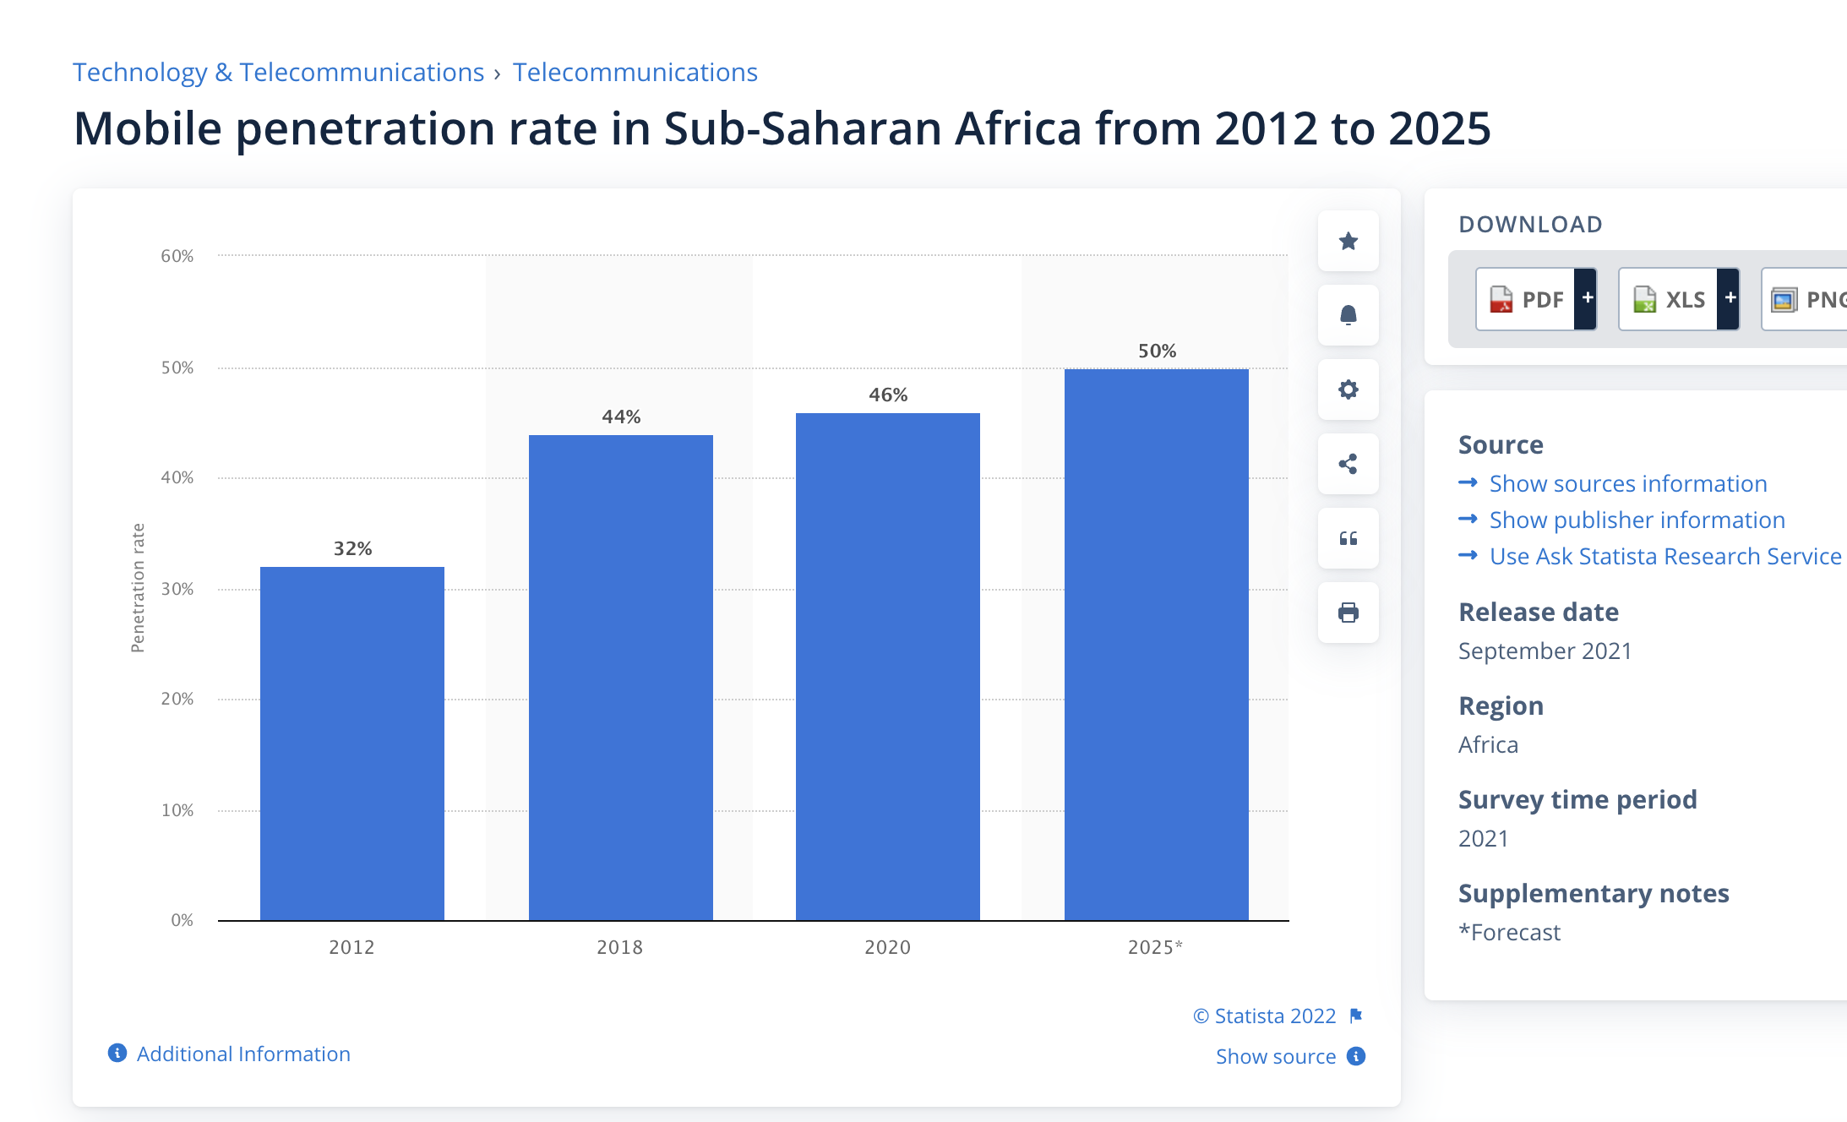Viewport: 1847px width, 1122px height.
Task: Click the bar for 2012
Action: coord(351,743)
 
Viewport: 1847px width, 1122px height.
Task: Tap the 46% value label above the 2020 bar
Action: coord(888,395)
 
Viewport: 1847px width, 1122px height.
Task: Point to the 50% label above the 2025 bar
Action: coord(1157,351)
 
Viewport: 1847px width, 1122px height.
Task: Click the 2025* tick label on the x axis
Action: coord(1155,947)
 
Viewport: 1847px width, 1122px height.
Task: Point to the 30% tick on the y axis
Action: coord(177,589)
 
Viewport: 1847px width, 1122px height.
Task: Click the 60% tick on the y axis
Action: coord(177,256)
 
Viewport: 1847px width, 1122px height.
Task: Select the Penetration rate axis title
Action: coord(138,588)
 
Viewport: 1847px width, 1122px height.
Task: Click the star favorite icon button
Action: coord(1348,242)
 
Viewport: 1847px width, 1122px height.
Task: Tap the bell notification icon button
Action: coord(1348,315)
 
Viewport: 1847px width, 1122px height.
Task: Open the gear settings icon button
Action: coord(1348,389)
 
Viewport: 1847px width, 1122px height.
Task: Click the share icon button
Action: coord(1348,464)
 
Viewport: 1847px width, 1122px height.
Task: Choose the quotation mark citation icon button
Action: coord(1348,538)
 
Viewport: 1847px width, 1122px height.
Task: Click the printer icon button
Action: coord(1348,613)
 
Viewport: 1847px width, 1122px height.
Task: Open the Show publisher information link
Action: coord(1637,520)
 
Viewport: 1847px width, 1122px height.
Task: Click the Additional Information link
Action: coord(243,1054)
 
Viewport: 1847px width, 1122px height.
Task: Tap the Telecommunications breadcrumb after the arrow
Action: coord(635,73)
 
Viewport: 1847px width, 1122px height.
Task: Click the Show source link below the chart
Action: coord(1276,1056)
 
